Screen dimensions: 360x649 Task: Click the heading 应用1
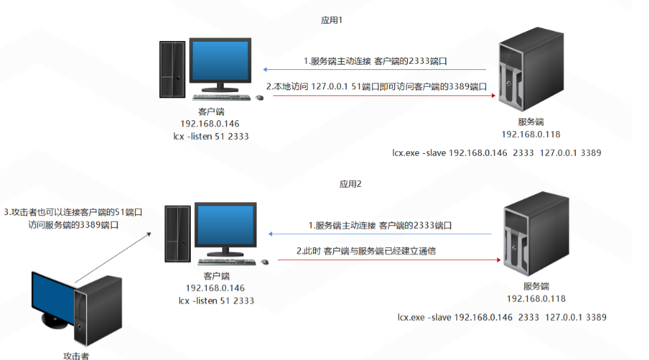tap(332, 20)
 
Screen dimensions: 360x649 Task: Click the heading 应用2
tap(350, 183)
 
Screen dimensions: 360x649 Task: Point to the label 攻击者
tap(76, 355)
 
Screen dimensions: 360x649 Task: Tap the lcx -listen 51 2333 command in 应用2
tap(216, 300)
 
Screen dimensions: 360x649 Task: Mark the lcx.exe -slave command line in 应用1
tap(496, 152)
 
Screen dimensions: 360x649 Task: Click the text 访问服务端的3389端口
tap(73, 226)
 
